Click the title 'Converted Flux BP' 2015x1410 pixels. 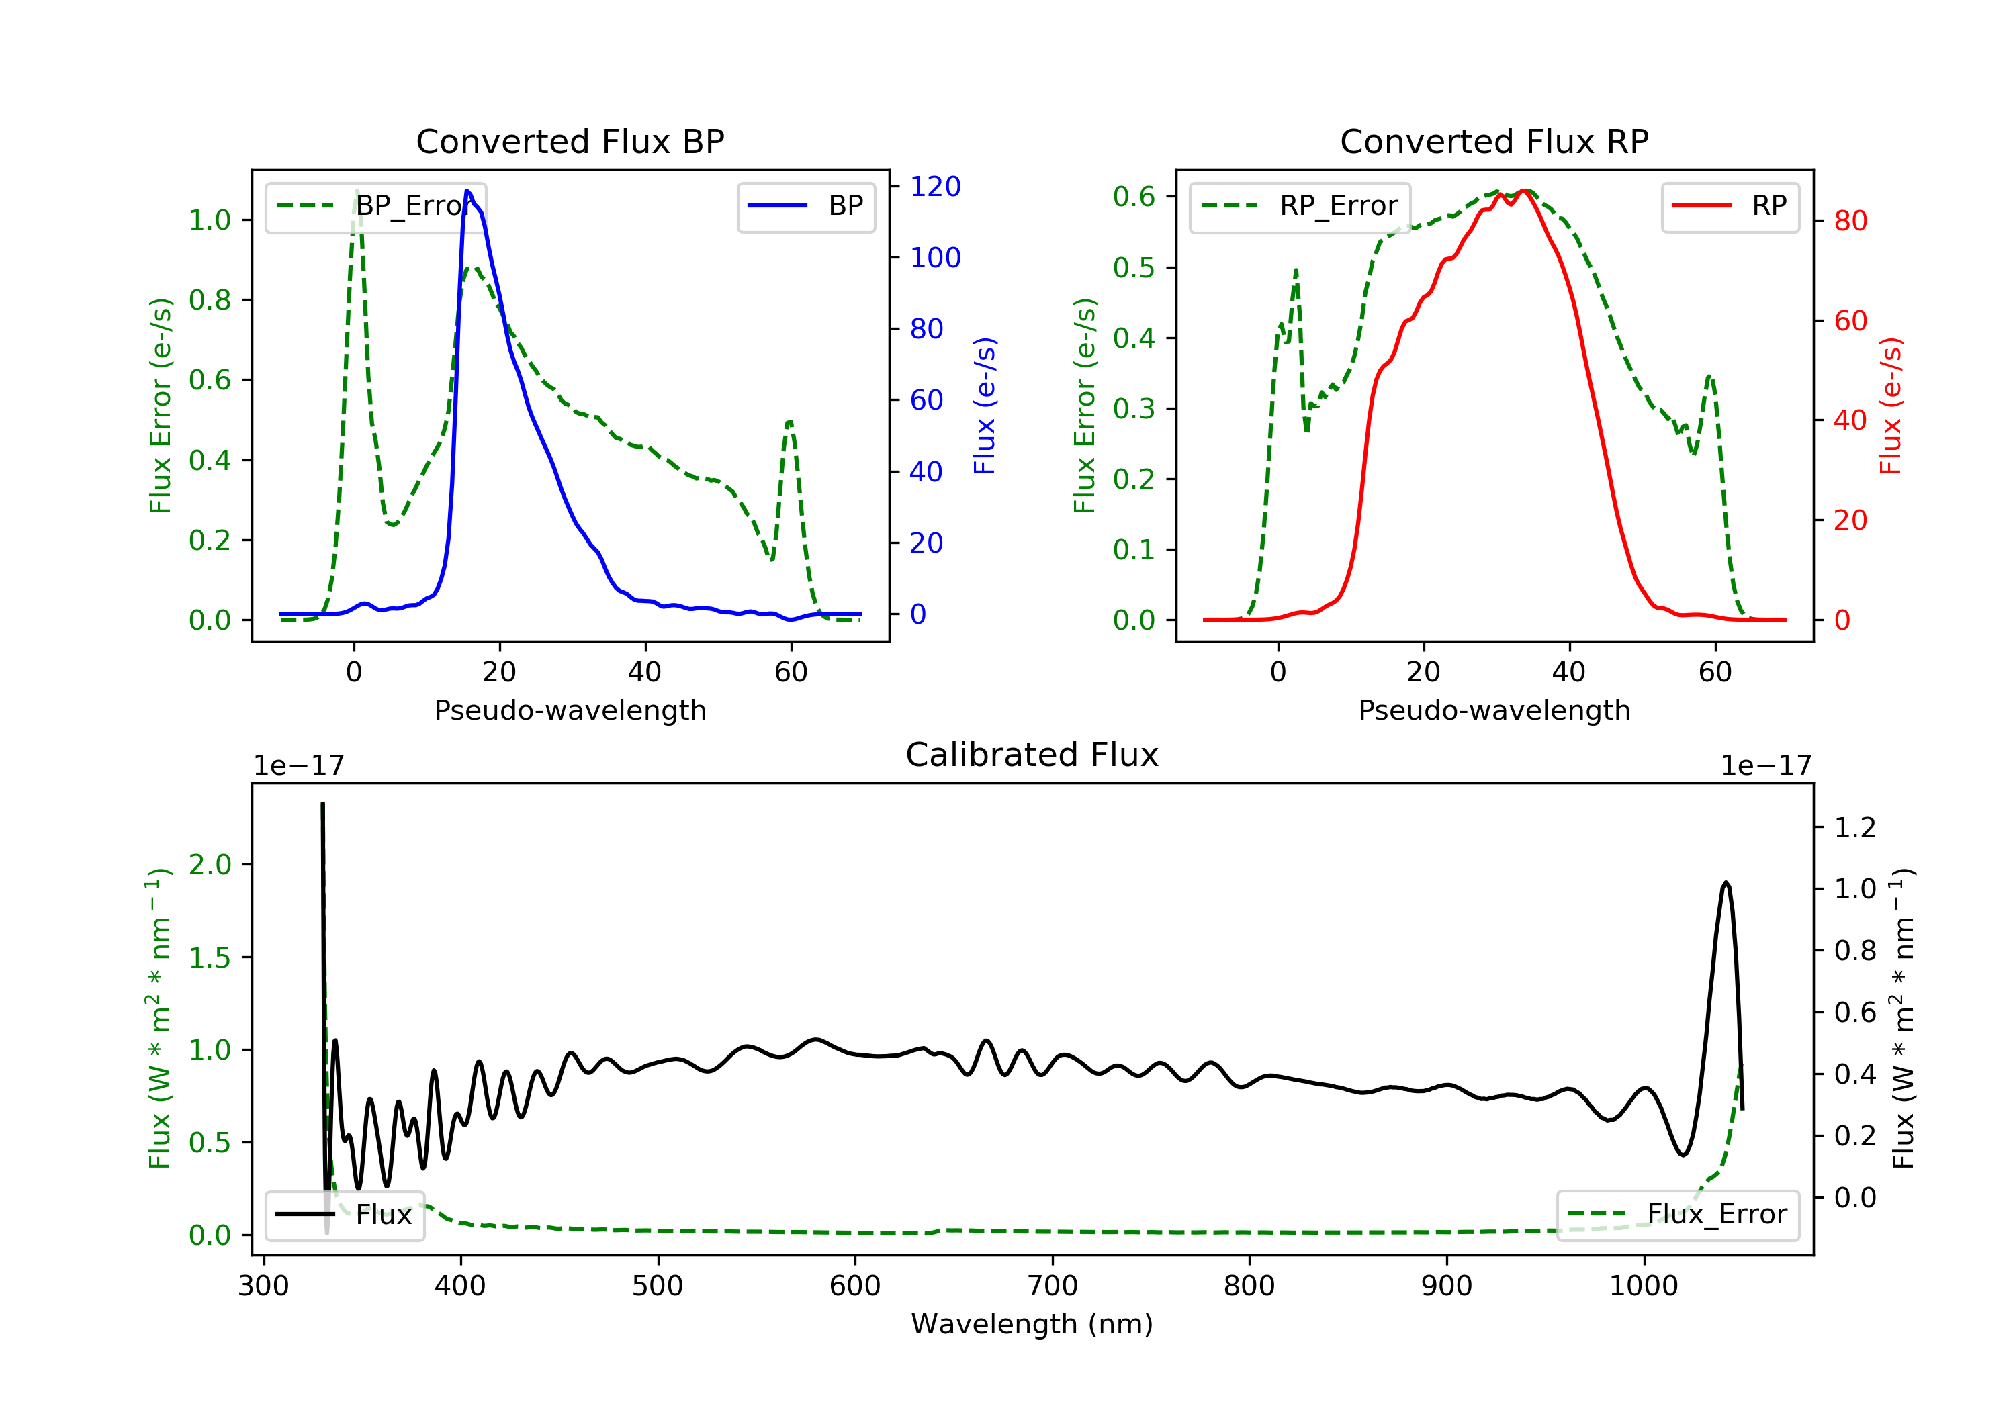[x=570, y=141]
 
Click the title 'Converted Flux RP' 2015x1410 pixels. [x=1494, y=141]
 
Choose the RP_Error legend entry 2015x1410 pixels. [x=1300, y=206]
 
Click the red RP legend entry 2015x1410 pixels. [x=1730, y=206]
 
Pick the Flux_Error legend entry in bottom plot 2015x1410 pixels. [x=1677, y=1215]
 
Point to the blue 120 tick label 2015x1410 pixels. [x=935, y=186]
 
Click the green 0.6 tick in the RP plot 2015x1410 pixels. [x=1133, y=197]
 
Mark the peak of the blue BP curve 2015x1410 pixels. [x=467, y=191]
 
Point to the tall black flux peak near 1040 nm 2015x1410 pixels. [x=1726, y=884]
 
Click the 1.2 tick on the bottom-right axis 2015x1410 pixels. [x=1854, y=827]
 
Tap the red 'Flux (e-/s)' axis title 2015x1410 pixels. [x=1890, y=406]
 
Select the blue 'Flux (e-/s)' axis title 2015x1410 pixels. [x=985, y=406]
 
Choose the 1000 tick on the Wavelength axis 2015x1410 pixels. [x=1643, y=1286]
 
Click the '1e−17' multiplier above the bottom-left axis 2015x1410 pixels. [x=298, y=766]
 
